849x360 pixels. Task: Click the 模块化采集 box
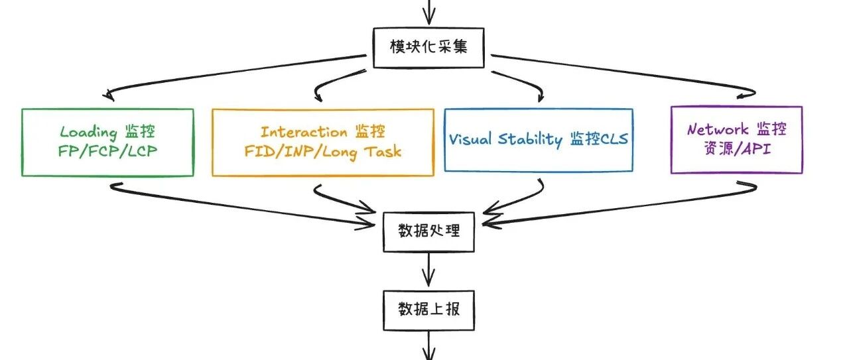click(429, 47)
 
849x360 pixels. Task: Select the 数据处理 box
click(428, 231)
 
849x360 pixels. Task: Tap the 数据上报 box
click(428, 310)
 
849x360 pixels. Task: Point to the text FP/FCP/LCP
click(107, 151)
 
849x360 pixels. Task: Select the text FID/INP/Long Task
click(323, 151)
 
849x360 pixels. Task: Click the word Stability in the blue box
click(531, 140)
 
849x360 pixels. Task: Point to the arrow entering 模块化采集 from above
click(429, 11)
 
